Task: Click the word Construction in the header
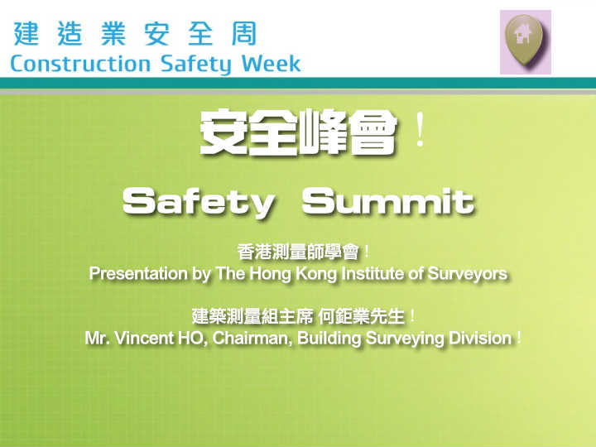coord(80,64)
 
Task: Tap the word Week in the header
coord(271,64)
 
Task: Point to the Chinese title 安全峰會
coord(298,132)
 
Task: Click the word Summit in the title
coord(387,201)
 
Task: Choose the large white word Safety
coord(199,203)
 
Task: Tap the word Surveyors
coord(467,274)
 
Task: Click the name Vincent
coord(144,338)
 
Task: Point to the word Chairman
coord(252,339)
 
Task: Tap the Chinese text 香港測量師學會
coord(298,252)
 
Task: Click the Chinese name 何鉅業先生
coord(362,316)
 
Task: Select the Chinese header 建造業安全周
coord(135,33)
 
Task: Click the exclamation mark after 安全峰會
coord(420,130)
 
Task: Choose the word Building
coord(329,339)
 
